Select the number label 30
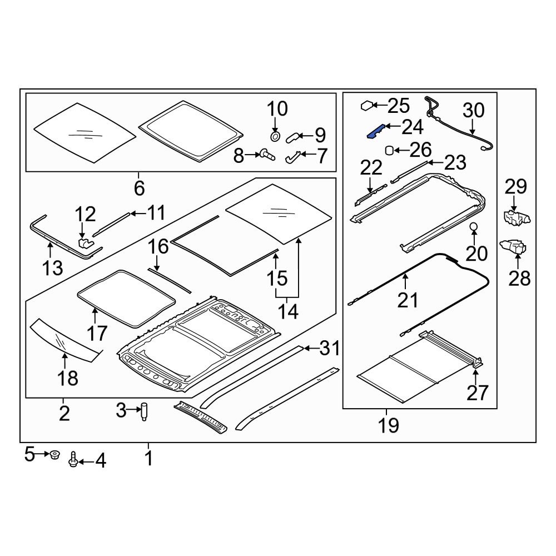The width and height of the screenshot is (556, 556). pyautogui.click(x=473, y=110)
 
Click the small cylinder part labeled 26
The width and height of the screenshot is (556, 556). pyautogui.click(x=390, y=150)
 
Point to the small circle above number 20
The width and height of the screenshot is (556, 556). pyautogui.click(x=474, y=226)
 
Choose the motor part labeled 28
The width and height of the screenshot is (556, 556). pyautogui.click(x=515, y=247)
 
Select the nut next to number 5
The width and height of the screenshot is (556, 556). pyautogui.click(x=54, y=455)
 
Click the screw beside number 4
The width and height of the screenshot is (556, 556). pyautogui.click(x=73, y=460)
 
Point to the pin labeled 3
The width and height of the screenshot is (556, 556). pyautogui.click(x=145, y=412)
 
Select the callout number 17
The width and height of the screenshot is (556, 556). pyautogui.click(x=96, y=333)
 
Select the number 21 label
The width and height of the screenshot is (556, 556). pyautogui.click(x=407, y=300)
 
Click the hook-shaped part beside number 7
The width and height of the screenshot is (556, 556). pyautogui.click(x=293, y=158)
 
